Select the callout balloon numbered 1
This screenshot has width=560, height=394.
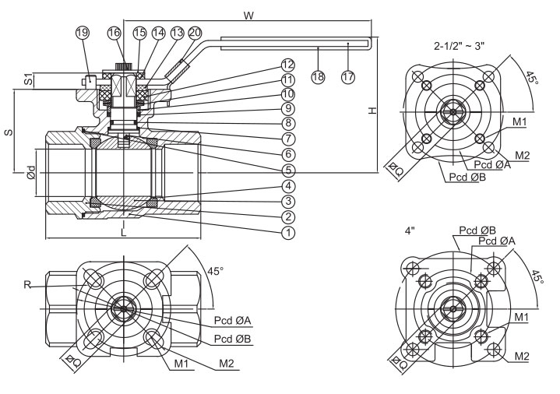(x=288, y=232)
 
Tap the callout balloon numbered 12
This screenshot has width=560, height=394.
(x=288, y=64)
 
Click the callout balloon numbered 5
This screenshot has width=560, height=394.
(x=288, y=170)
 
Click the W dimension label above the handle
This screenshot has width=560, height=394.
(x=248, y=16)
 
